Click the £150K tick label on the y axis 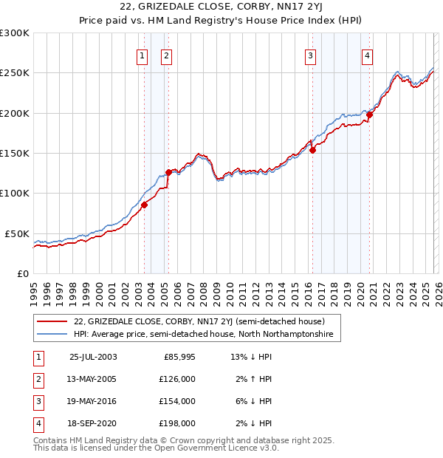tap(15, 154)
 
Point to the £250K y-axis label tap(15, 73)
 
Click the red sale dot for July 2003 tap(145, 205)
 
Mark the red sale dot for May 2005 tap(168, 172)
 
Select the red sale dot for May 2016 tap(312, 150)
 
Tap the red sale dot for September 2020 tap(369, 115)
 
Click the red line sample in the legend tap(52, 321)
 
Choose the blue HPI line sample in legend tap(52, 335)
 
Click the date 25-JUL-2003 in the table tap(93, 357)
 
